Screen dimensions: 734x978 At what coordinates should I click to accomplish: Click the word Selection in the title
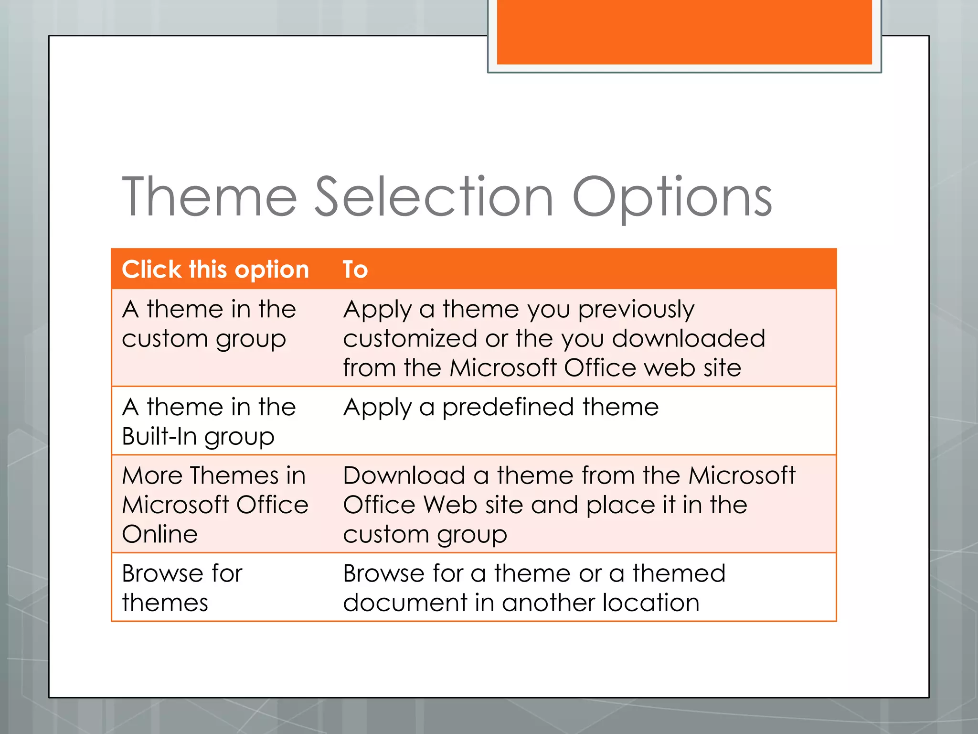coord(434,197)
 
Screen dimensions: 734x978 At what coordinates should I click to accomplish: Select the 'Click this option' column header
coord(215,270)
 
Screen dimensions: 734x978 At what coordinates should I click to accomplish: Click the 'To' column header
coord(355,270)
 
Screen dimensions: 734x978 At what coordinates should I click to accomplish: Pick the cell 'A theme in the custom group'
coord(209,324)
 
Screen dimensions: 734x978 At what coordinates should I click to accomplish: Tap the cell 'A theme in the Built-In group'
coord(209,421)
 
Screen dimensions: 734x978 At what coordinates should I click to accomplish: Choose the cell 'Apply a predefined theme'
coord(500,408)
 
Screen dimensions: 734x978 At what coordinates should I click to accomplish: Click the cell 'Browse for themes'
coord(182,587)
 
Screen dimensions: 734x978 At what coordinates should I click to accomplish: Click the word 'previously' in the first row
coord(636,310)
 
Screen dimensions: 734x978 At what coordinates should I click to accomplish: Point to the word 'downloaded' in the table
coord(689,339)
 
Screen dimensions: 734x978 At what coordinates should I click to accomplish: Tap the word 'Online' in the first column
coord(159,534)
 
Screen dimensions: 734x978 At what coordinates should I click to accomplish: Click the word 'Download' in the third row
coord(404,476)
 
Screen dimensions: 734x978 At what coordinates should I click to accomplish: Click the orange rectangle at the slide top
coord(684,32)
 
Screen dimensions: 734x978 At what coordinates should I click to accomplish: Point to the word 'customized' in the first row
coord(410,339)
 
